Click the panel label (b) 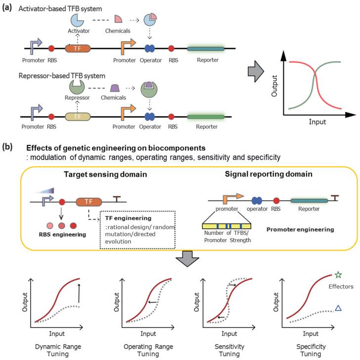tap(9, 148)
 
